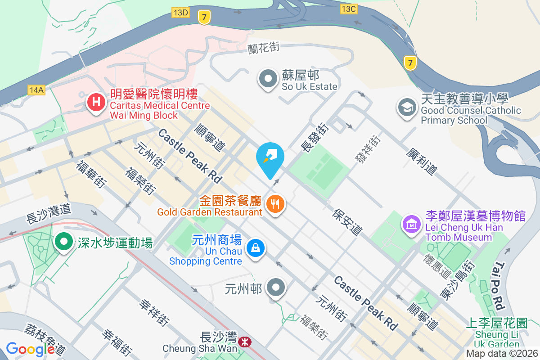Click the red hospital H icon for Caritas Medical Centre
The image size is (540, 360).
pos(95,102)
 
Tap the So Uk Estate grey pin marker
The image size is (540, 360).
pos(269,79)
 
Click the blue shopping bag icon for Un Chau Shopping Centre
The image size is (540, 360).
pos(255,248)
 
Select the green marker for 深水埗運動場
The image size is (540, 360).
pos(64,242)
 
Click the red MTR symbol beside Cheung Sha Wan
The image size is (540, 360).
pos(245,342)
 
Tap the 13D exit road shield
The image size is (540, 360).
pos(180,12)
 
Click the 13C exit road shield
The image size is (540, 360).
pos(349,9)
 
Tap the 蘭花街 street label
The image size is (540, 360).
pos(264,49)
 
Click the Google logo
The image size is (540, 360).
pos(30,349)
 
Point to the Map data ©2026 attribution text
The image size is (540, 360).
pos(501,353)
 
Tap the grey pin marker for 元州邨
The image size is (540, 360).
pos(276,288)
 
